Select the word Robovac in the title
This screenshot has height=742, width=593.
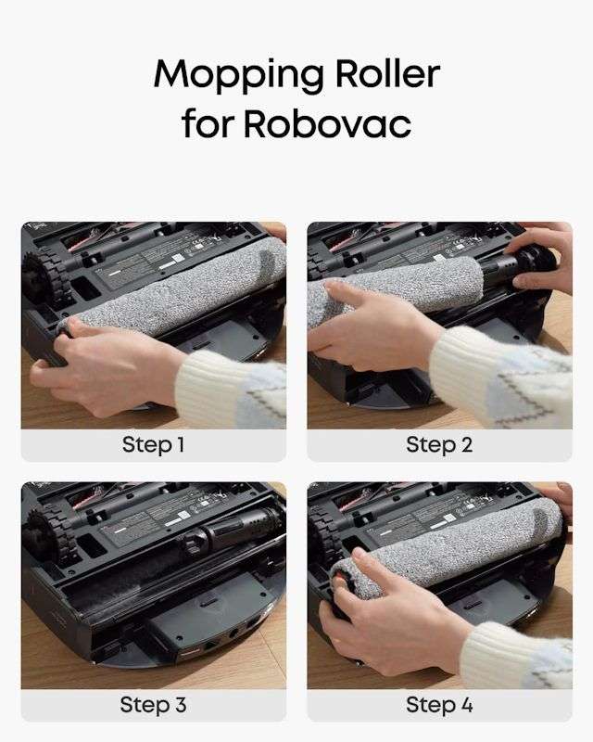328,123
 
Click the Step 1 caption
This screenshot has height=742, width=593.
154,445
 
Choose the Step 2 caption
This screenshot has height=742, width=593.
439,445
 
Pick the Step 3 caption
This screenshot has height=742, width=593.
154,705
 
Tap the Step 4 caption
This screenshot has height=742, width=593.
439,705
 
